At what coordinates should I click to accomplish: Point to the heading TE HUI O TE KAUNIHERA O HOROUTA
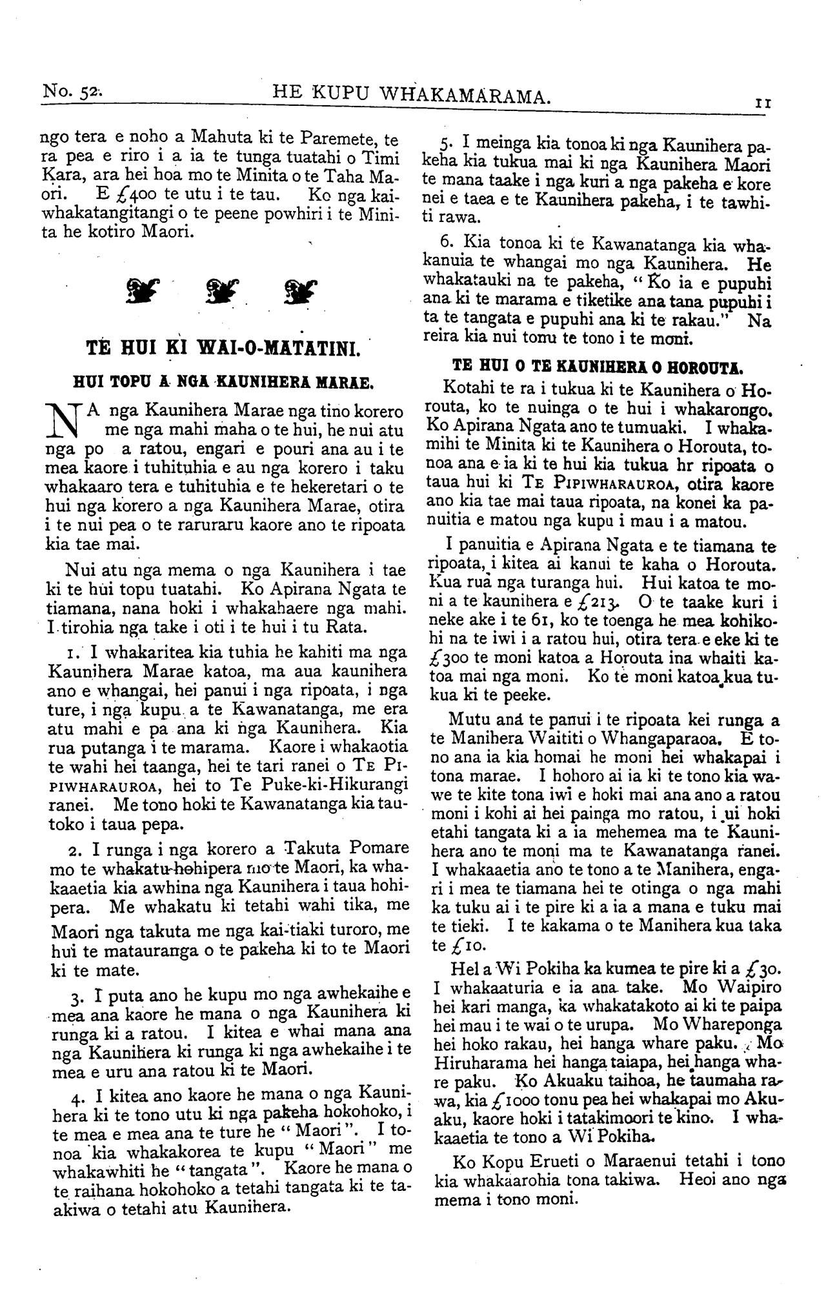(598, 368)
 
